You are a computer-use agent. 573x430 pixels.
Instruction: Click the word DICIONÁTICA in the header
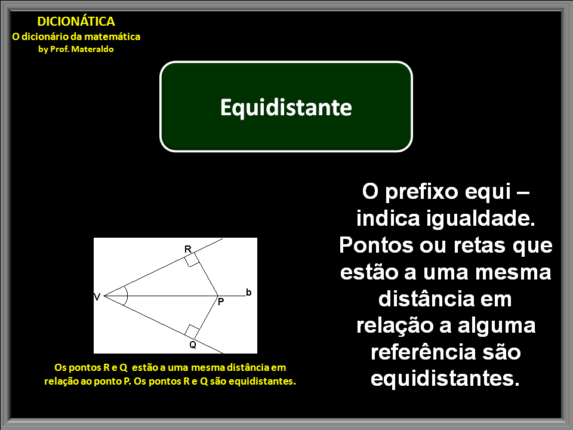pyautogui.click(x=76, y=21)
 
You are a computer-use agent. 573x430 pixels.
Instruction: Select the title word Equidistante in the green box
pyautogui.click(x=286, y=107)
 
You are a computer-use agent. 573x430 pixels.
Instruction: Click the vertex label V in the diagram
pyautogui.click(x=97, y=296)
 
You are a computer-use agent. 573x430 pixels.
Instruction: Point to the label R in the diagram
pyautogui.click(x=187, y=248)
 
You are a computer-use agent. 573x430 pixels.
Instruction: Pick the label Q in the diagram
pyautogui.click(x=193, y=345)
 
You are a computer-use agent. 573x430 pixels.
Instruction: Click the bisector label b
pyautogui.click(x=248, y=292)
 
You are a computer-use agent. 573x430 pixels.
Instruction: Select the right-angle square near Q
pyautogui.click(x=192, y=331)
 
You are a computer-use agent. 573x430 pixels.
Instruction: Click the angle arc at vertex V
pyautogui.click(x=124, y=296)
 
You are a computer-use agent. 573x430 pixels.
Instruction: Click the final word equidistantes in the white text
pyautogui.click(x=446, y=378)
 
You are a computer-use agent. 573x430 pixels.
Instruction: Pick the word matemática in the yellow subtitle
pyautogui.click(x=113, y=36)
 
